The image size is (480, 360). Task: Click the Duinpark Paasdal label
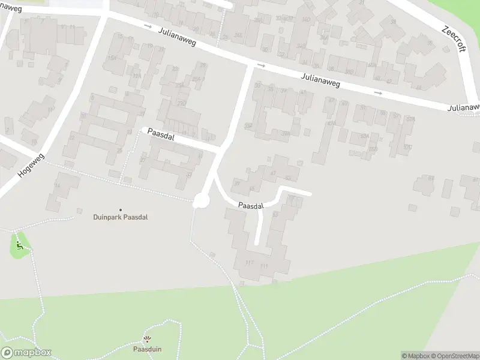tap(120, 217)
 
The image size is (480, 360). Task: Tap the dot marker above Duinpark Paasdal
tap(120, 209)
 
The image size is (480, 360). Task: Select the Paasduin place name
tap(147, 349)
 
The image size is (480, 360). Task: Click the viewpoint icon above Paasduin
tap(147, 339)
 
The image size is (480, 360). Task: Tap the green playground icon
tap(20, 245)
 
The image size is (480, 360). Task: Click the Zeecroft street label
tap(454, 38)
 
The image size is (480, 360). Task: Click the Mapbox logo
tap(26, 353)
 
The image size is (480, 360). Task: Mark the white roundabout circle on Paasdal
tap(200, 202)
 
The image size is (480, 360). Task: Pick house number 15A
tap(112, 58)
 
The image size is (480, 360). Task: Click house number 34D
tap(306, 20)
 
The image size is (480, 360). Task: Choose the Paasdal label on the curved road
tap(251, 206)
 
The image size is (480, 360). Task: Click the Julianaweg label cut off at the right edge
tap(464, 108)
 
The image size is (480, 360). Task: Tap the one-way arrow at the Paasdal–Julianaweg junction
tap(260, 65)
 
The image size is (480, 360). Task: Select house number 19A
tap(136, 76)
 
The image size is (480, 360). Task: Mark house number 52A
tap(364, 136)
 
